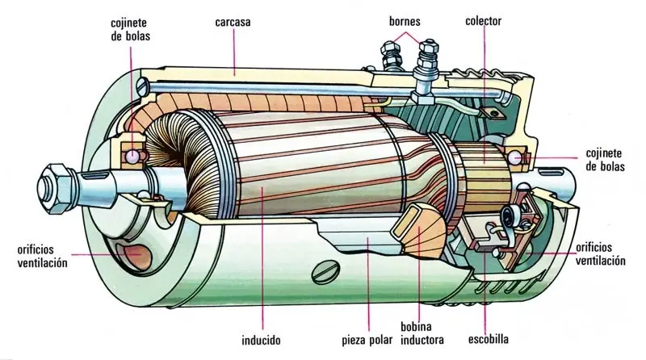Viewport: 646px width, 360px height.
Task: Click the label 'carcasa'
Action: click(x=233, y=22)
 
